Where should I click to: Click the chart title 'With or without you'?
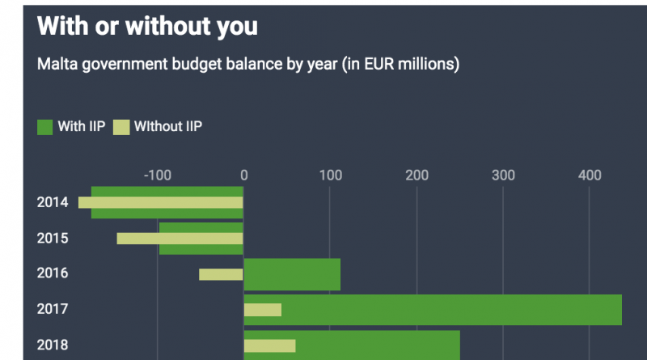pos(147,27)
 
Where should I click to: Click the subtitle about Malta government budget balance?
pos(248,64)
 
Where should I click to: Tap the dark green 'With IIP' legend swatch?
pos(45,127)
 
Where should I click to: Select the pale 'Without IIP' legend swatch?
pos(121,127)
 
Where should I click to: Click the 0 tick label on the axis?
pos(243,175)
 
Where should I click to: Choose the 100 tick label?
pos(330,175)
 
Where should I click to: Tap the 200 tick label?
pos(417,175)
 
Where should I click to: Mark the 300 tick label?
pos(503,175)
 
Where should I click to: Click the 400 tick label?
pos(590,175)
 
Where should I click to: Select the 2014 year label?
pos(53,202)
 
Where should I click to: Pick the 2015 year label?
pos(53,238)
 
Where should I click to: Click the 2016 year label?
pos(53,273)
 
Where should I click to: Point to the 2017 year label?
pos(53,309)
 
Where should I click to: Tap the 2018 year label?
pos(53,345)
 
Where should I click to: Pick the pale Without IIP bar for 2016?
pos(221,274)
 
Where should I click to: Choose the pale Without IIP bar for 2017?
pos(263,310)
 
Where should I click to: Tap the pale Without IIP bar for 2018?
pos(270,345)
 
